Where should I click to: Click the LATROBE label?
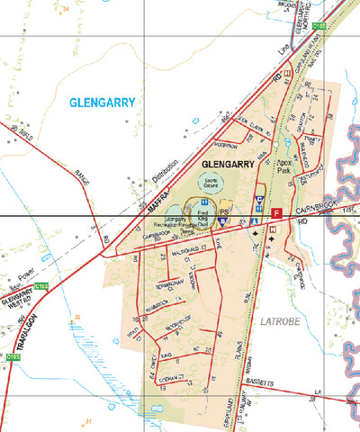coord(283,319)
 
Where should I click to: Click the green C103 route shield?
coord(40,285)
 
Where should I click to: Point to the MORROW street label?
coord(226,144)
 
